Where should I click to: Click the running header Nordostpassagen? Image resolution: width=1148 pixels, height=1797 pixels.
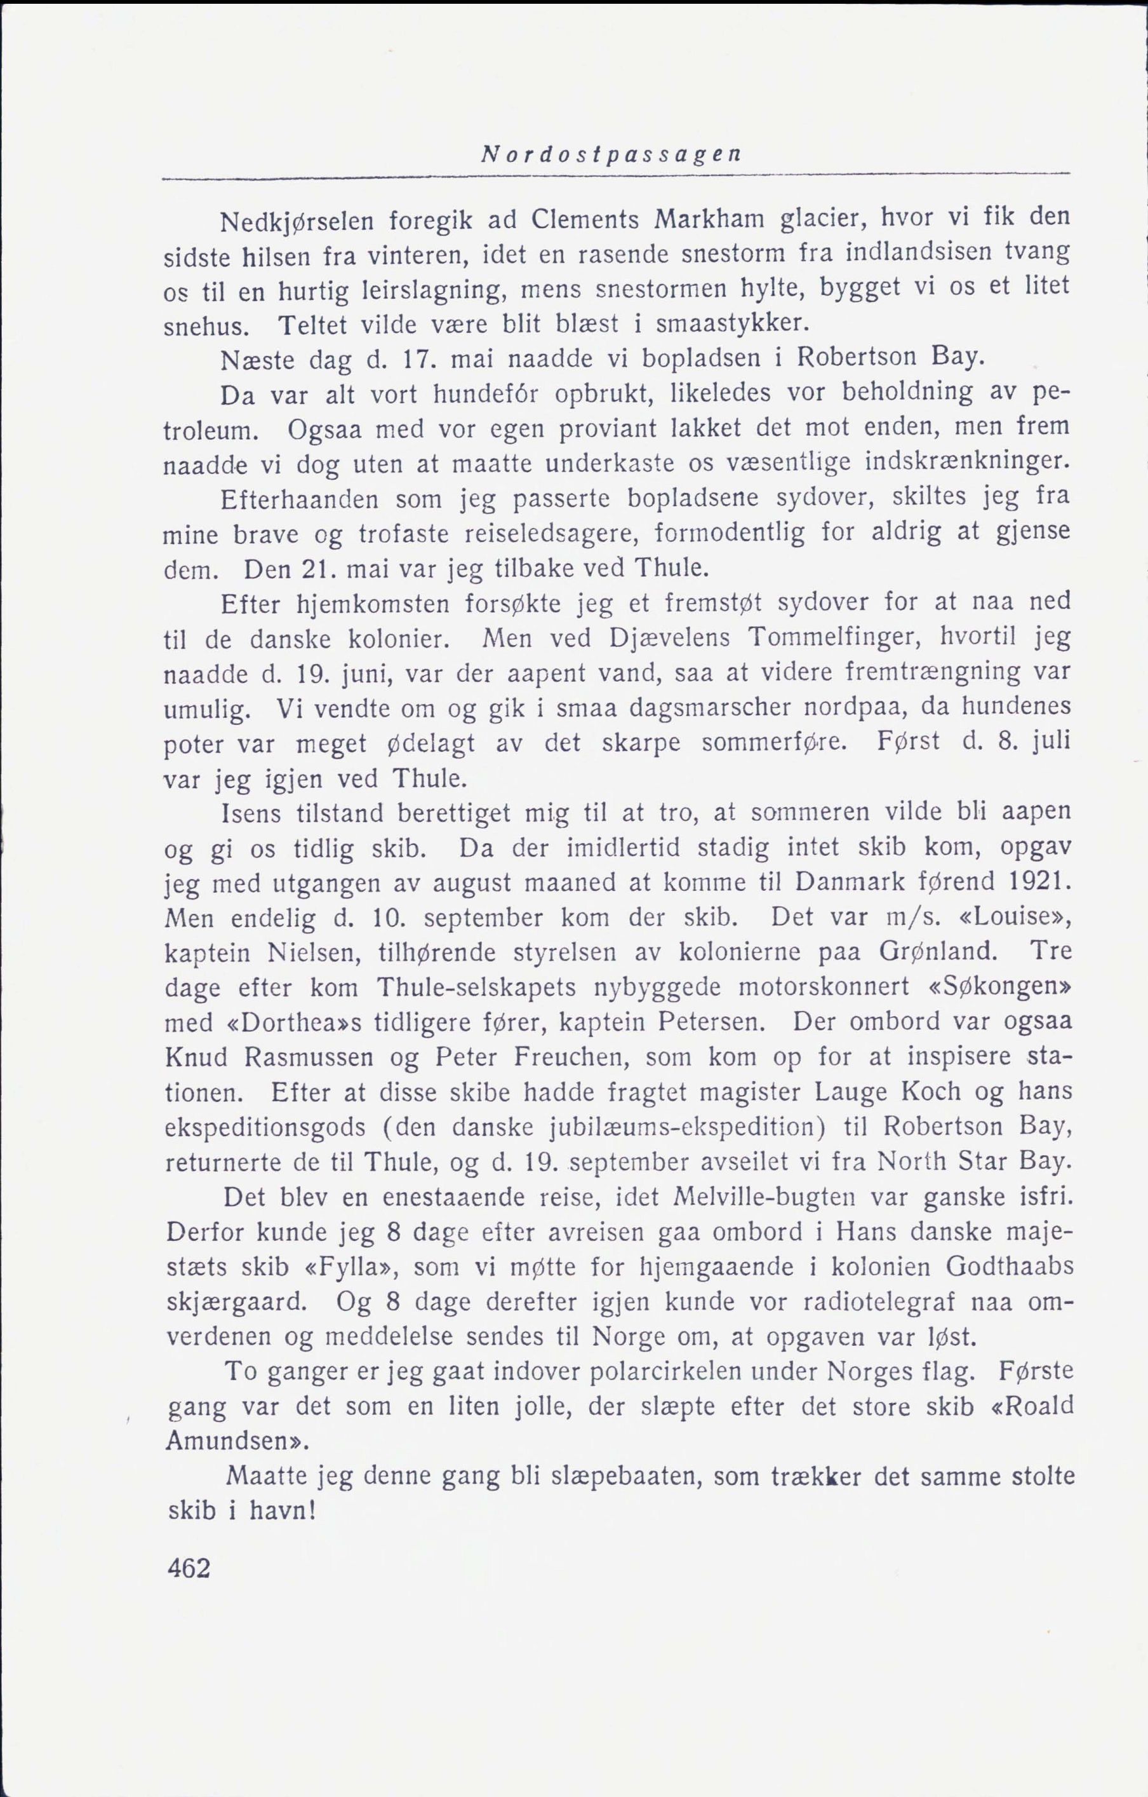tap(611, 155)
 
